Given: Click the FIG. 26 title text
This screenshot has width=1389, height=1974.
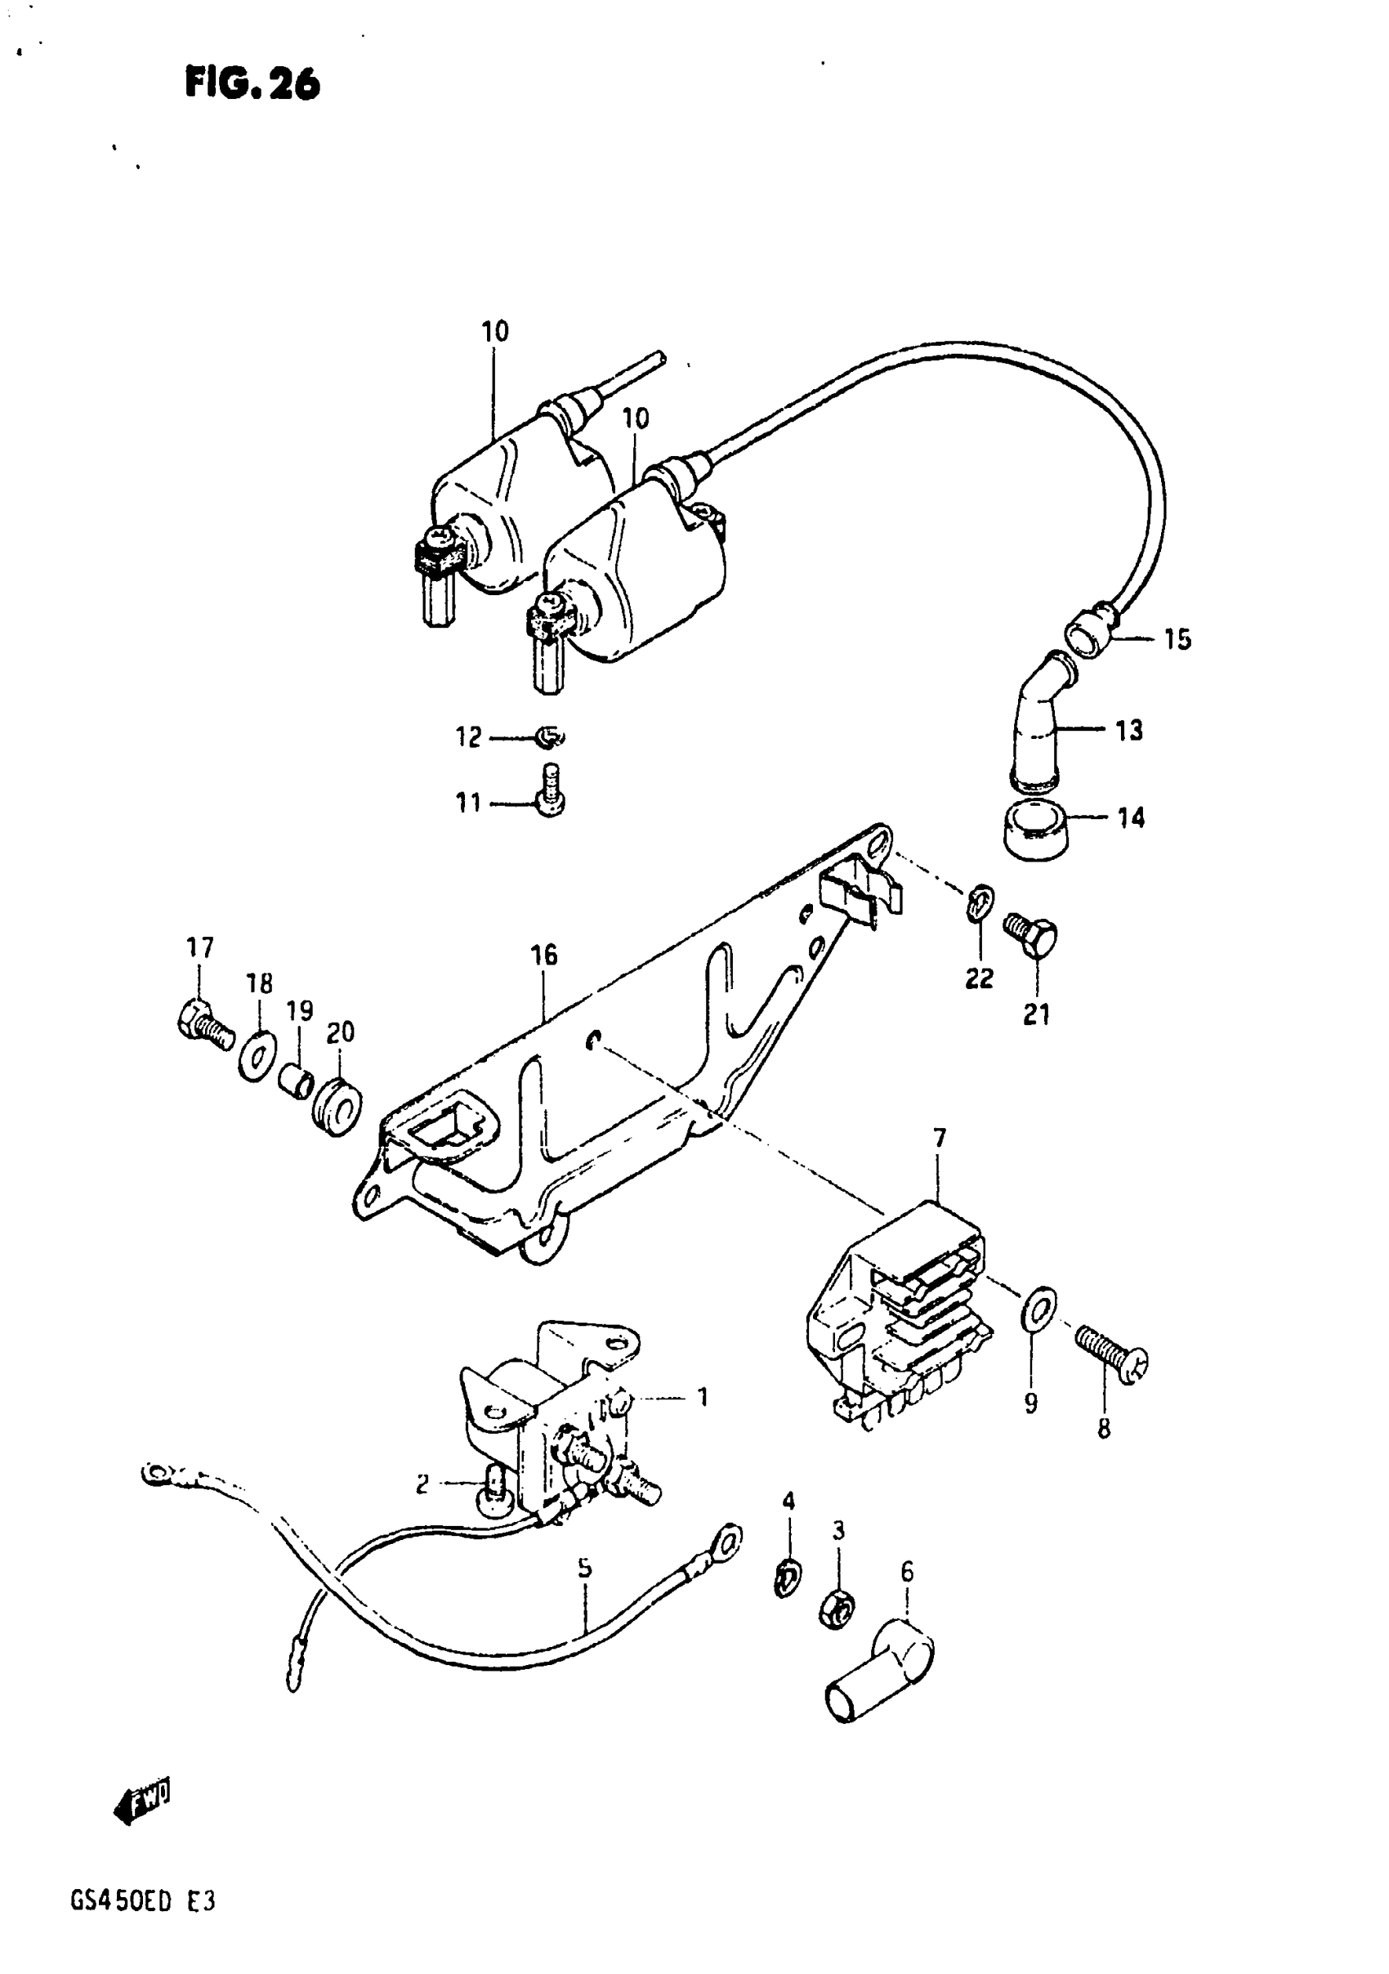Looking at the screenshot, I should (x=252, y=85).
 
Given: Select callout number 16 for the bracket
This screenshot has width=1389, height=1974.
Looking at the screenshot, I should (x=544, y=955).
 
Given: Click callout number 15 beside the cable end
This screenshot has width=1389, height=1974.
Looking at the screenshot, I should (x=1177, y=639).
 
